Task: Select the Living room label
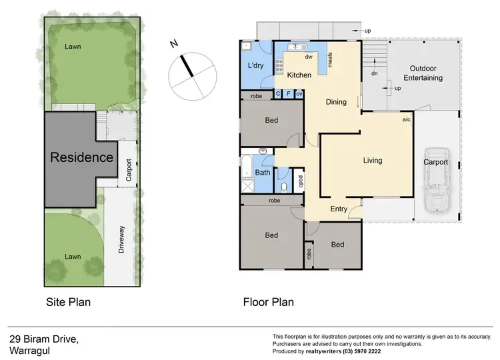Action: click(373, 161)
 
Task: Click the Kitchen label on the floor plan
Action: click(299, 75)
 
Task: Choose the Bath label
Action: click(263, 173)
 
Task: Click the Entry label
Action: click(339, 209)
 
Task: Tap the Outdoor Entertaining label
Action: click(426, 73)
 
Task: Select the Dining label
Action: click(336, 103)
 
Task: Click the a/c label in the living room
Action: click(407, 120)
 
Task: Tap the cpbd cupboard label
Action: click(301, 181)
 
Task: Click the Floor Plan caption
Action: click(268, 302)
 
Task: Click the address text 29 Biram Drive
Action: click(44, 339)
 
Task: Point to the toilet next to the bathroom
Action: click(285, 185)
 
